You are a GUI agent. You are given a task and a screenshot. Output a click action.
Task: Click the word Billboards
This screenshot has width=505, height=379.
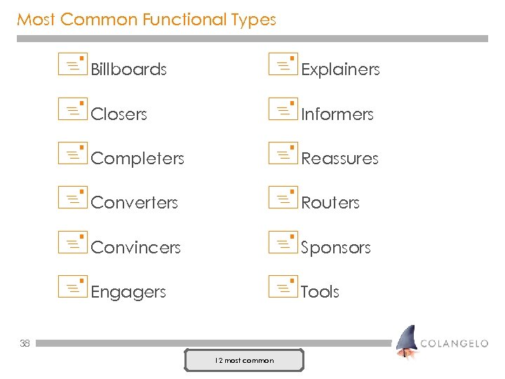[128, 69]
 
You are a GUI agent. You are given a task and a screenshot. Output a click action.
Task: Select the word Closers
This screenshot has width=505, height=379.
[119, 114]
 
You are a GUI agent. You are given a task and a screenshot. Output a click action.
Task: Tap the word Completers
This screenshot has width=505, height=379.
[137, 159]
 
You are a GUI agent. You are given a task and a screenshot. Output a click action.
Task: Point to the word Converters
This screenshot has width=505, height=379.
[134, 203]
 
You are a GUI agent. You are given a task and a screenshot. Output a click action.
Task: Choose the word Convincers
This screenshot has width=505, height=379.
[135, 248]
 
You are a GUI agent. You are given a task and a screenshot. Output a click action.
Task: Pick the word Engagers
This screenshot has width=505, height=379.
[128, 292]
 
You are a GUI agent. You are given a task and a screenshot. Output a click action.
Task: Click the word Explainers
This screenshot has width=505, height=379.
[340, 69]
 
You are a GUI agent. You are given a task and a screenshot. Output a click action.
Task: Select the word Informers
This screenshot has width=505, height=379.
[337, 114]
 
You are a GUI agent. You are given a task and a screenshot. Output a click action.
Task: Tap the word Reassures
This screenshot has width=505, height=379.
[339, 159]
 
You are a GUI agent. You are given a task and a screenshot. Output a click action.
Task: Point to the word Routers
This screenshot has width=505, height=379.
[330, 203]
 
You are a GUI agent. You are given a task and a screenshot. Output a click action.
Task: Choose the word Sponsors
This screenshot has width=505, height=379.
[335, 248]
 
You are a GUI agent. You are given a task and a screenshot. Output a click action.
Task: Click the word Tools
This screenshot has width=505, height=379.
[320, 292]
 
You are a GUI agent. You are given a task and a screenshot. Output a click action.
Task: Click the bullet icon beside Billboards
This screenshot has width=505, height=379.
[72, 64]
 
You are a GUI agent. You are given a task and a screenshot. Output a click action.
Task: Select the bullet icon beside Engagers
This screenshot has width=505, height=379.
[72, 286]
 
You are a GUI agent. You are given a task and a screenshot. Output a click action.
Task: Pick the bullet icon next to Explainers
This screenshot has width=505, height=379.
[283, 64]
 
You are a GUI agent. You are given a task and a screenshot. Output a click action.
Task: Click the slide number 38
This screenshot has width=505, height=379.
[25, 343]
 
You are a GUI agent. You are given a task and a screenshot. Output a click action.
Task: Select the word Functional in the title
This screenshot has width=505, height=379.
[184, 20]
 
